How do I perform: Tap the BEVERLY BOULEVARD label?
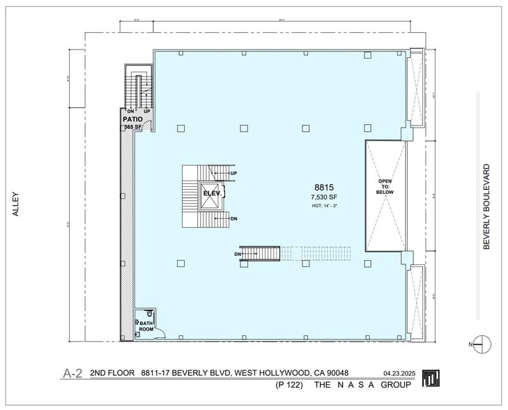tap(487, 206)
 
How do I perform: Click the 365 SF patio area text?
tap(132, 128)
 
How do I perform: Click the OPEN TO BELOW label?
tap(385, 186)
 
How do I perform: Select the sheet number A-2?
tap(72, 374)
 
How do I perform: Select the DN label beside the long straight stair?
tap(238, 254)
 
